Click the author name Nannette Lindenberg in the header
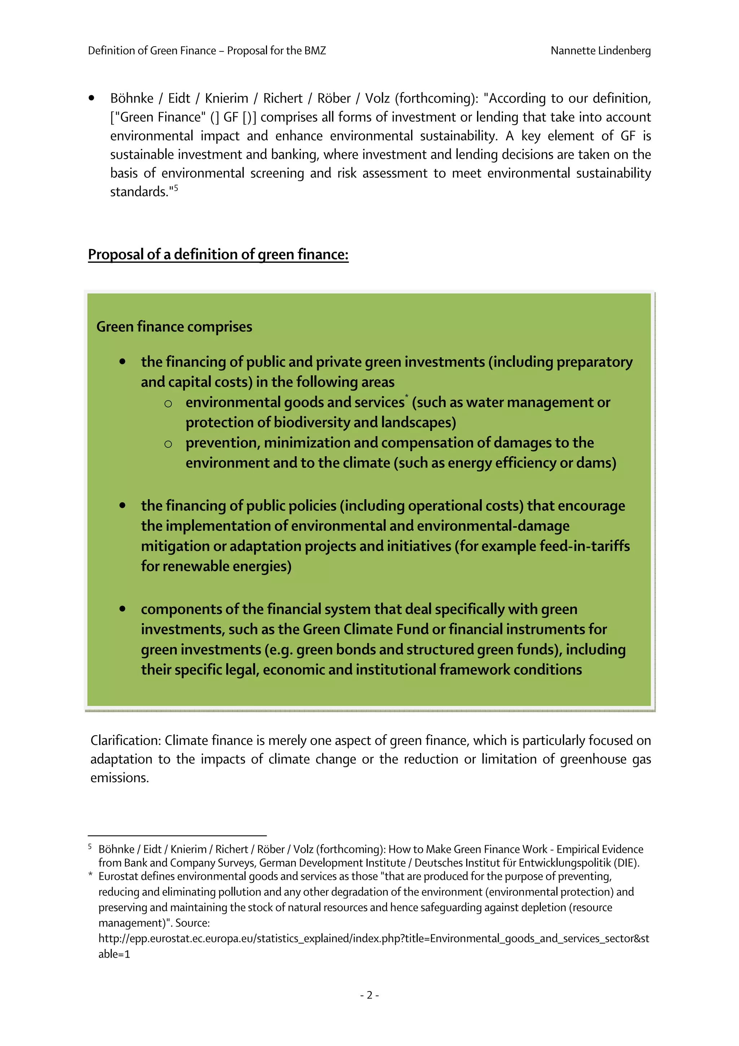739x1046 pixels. point(600,51)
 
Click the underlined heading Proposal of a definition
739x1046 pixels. point(218,254)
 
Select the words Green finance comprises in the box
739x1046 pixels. point(174,327)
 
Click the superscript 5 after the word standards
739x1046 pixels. point(176,187)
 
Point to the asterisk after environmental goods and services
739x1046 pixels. point(407,396)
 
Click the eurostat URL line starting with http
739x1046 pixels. point(373,938)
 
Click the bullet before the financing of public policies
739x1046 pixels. point(122,505)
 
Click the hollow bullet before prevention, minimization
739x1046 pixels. point(168,444)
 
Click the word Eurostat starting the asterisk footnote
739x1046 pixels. point(117,876)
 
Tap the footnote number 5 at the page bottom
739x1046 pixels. point(90,846)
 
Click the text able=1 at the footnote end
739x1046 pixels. point(114,954)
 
